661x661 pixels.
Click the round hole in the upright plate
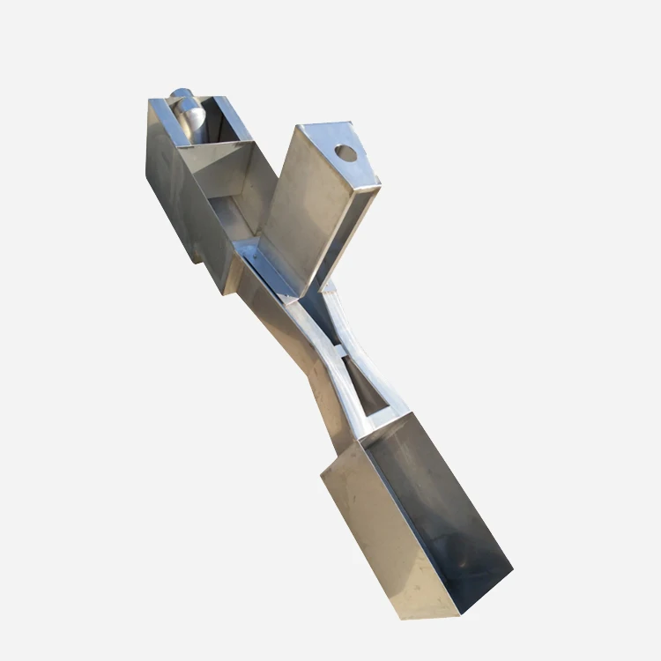tap(346, 153)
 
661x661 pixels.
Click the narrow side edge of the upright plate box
tap(353, 229)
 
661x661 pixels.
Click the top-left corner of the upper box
tap(151, 102)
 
